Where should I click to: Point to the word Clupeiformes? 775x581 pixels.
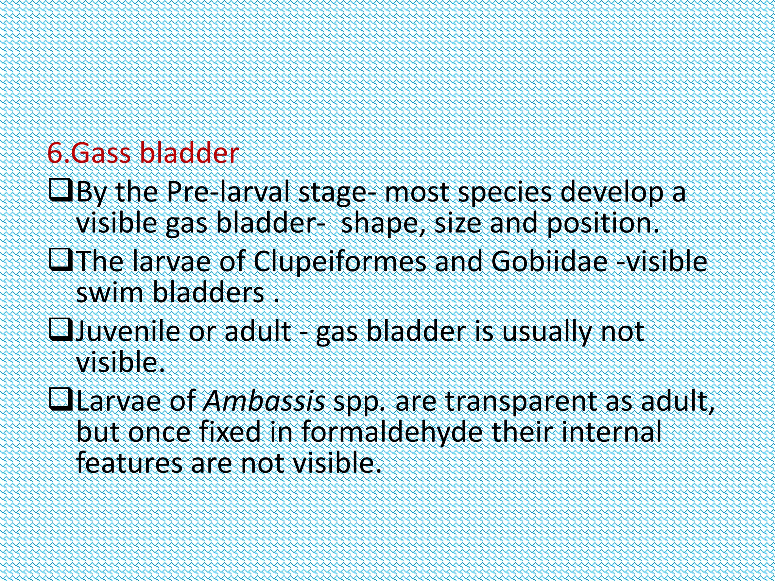pyautogui.click(x=339, y=262)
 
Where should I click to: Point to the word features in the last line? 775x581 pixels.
pyautogui.click(x=129, y=463)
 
